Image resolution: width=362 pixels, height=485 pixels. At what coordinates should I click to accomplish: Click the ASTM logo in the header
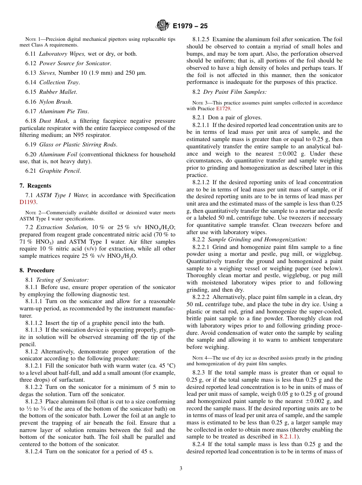[163, 26]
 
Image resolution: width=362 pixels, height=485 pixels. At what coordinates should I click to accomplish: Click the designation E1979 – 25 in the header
[190, 26]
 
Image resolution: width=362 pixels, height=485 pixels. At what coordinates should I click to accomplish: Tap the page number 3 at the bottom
[181, 469]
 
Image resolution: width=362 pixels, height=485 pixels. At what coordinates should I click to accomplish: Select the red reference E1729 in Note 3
[223, 109]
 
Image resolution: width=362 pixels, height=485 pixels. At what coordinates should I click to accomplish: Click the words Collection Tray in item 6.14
[59, 82]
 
